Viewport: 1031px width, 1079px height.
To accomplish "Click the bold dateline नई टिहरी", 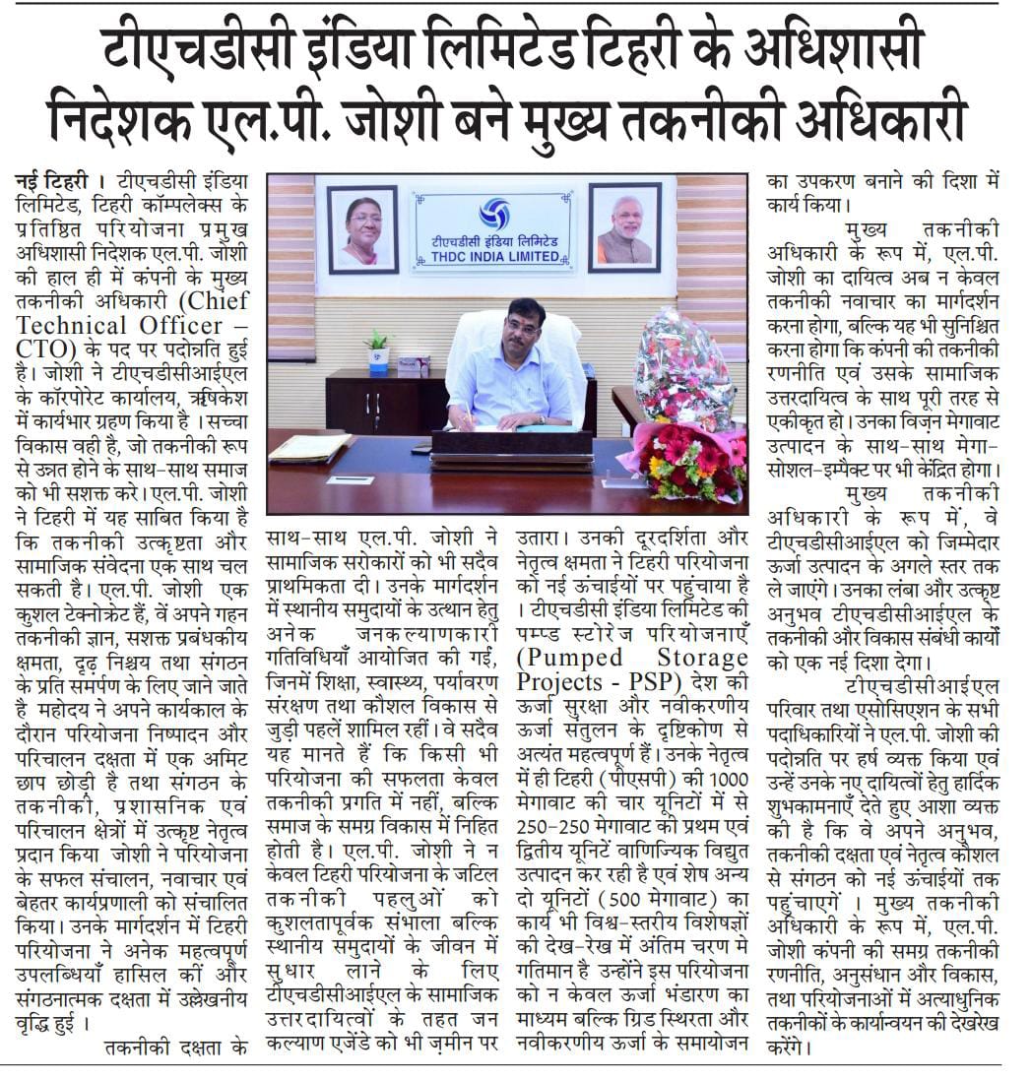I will click(x=56, y=183).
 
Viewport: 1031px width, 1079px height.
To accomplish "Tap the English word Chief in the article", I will click(x=215, y=299).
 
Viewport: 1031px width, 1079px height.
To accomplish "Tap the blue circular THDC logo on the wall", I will click(x=494, y=214).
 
